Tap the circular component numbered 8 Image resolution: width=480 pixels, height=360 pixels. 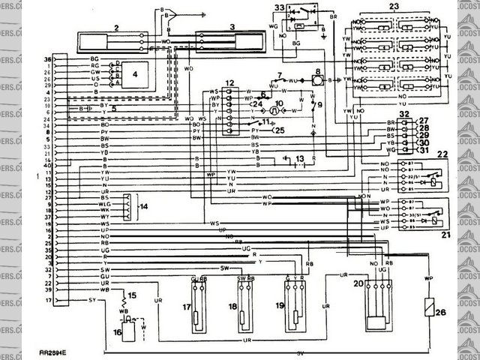[318, 78]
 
